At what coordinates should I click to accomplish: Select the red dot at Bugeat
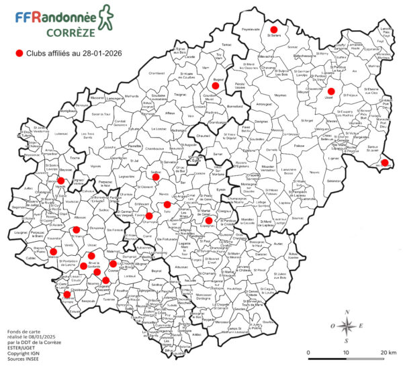click(217, 85)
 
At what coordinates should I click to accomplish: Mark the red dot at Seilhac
click(156, 177)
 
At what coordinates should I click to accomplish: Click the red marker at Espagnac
click(209, 220)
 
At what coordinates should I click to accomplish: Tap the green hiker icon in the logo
click(105, 17)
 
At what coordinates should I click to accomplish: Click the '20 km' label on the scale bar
click(386, 352)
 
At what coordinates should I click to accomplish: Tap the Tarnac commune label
click(226, 45)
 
